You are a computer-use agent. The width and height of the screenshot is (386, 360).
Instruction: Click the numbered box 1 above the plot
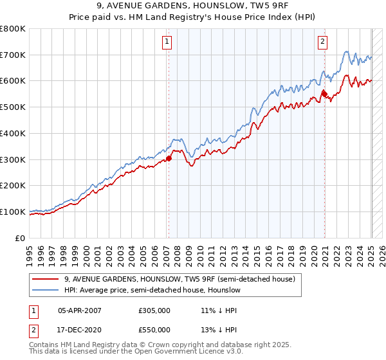(167, 42)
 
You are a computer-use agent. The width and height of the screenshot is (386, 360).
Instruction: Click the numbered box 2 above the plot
(322, 42)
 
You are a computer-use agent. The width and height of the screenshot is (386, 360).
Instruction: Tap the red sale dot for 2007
(169, 158)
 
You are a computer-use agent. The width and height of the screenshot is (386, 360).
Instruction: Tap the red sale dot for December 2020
(324, 94)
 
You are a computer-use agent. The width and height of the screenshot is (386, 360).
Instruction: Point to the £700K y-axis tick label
(13, 55)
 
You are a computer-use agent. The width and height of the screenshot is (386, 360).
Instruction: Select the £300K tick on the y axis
(13, 159)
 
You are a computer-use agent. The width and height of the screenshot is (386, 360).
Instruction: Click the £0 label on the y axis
(20, 238)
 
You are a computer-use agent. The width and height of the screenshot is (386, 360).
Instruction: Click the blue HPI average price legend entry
(152, 290)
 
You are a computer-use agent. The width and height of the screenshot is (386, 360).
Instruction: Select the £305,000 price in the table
(154, 310)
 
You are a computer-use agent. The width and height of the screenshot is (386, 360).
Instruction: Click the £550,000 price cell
(154, 330)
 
